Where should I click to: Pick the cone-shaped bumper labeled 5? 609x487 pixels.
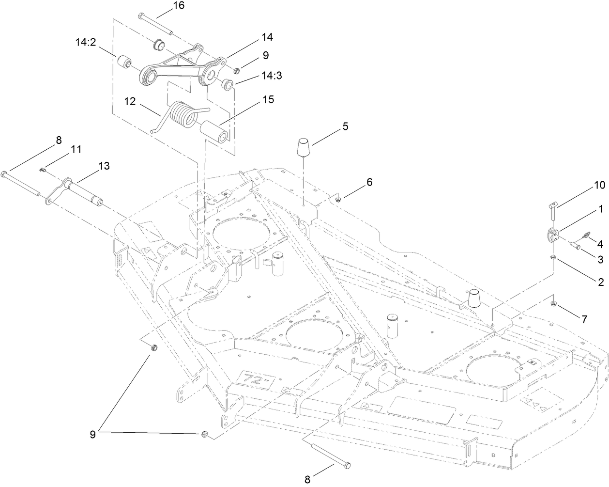coord(304,146)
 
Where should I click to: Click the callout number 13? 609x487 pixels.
coord(104,166)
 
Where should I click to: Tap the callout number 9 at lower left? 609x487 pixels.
coord(92,435)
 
